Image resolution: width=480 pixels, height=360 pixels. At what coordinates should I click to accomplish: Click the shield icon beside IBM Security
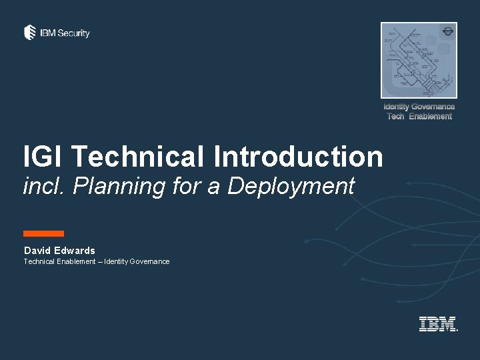[30, 33]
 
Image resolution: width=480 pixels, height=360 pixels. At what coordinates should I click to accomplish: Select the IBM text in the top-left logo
[48, 33]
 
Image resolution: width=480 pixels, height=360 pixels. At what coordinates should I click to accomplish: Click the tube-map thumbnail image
[419, 60]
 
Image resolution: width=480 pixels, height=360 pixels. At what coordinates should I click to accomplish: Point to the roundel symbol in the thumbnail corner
[448, 31]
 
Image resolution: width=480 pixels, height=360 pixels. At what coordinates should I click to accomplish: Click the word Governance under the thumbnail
[433, 107]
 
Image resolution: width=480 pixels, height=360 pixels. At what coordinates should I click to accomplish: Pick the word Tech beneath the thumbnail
[396, 117]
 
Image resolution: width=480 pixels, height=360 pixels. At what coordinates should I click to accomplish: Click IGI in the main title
[43, 157]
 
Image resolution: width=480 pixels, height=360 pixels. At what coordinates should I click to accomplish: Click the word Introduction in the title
[299, 157]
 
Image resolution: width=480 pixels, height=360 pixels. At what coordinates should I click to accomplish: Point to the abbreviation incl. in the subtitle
[45, 186]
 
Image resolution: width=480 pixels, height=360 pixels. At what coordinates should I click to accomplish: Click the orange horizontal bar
[43, 233]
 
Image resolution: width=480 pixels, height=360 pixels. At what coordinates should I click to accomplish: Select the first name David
[37, 251]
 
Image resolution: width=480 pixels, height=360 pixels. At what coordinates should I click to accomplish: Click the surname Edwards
[75, 251]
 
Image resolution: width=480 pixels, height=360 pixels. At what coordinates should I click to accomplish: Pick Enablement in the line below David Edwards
[75, 261]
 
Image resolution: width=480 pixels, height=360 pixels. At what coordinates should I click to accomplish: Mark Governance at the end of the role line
[150, 261]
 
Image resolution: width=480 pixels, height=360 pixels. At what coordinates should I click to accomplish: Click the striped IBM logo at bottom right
[437, 324]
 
